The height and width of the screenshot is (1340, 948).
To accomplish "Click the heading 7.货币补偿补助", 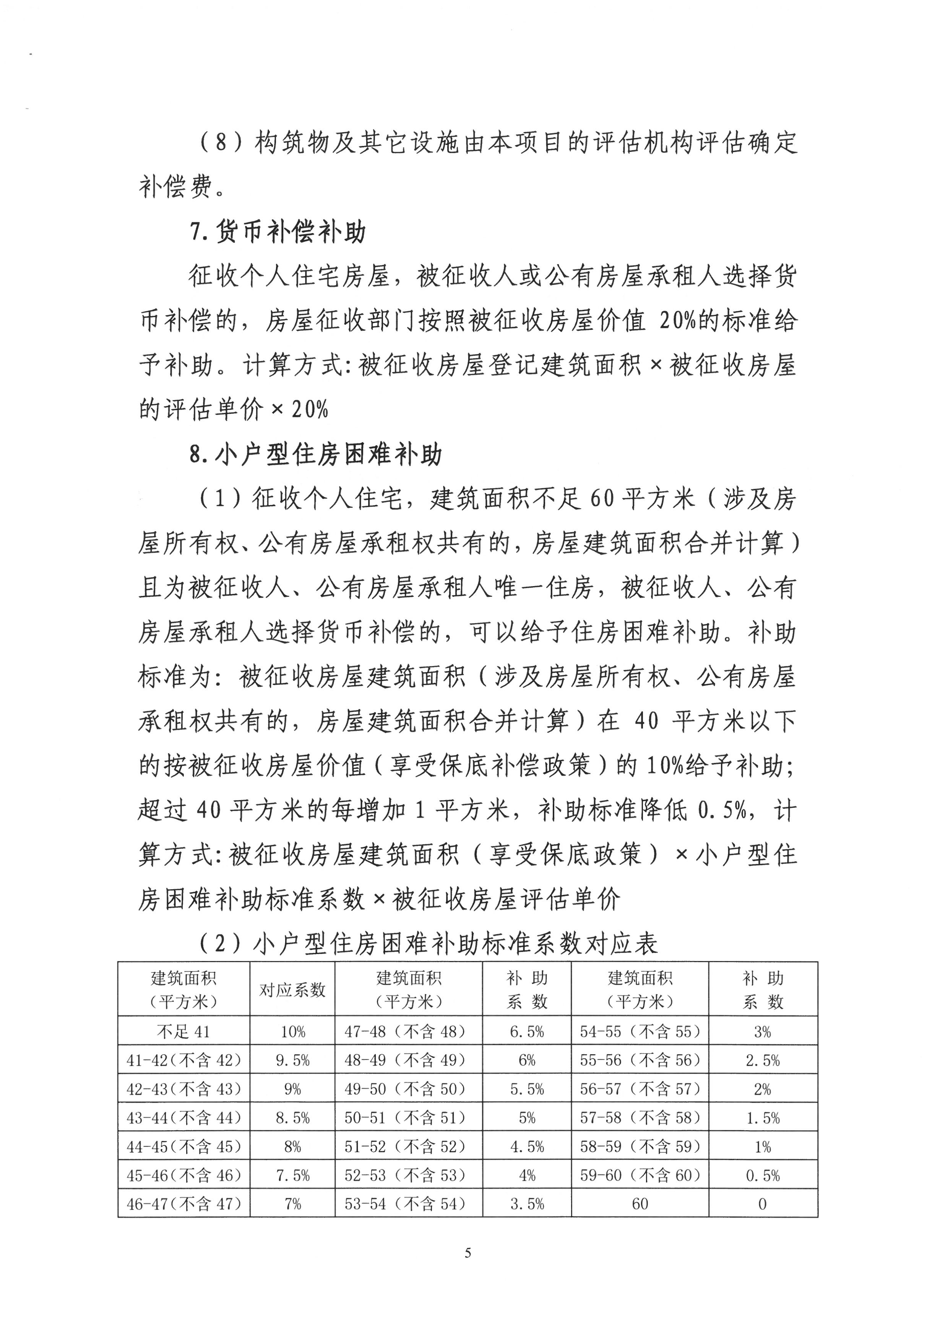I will click(x=278, y=232).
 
